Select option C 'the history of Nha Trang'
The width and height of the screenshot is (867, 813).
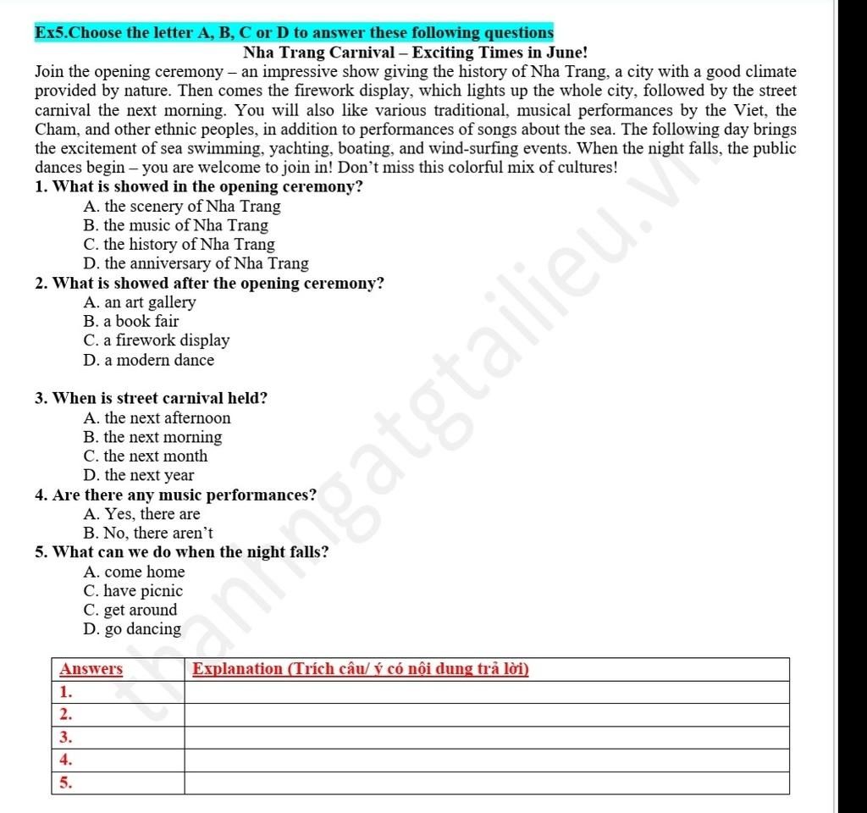179,245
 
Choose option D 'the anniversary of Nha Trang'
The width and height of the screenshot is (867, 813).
196,264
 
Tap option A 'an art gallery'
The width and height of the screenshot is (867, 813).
140,302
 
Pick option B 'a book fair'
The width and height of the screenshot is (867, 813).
131,322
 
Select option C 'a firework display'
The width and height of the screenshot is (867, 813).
157,340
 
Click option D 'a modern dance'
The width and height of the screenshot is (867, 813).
149,360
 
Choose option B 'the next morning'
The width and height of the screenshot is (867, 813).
152,437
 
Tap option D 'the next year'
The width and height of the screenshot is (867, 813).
139,475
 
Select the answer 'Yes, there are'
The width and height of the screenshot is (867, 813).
142,514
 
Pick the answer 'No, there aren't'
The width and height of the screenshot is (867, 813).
148,534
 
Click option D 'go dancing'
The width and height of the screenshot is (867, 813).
133,629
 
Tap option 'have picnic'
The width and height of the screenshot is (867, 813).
134,591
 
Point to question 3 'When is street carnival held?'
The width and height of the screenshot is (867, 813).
152,398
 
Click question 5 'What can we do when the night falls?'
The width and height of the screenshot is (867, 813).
183,552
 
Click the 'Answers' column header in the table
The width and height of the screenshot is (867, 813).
91,669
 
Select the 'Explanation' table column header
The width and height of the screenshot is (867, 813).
361,669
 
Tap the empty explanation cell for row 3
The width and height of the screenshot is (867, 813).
487,738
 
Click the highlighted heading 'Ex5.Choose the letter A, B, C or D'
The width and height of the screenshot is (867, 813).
294,34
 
